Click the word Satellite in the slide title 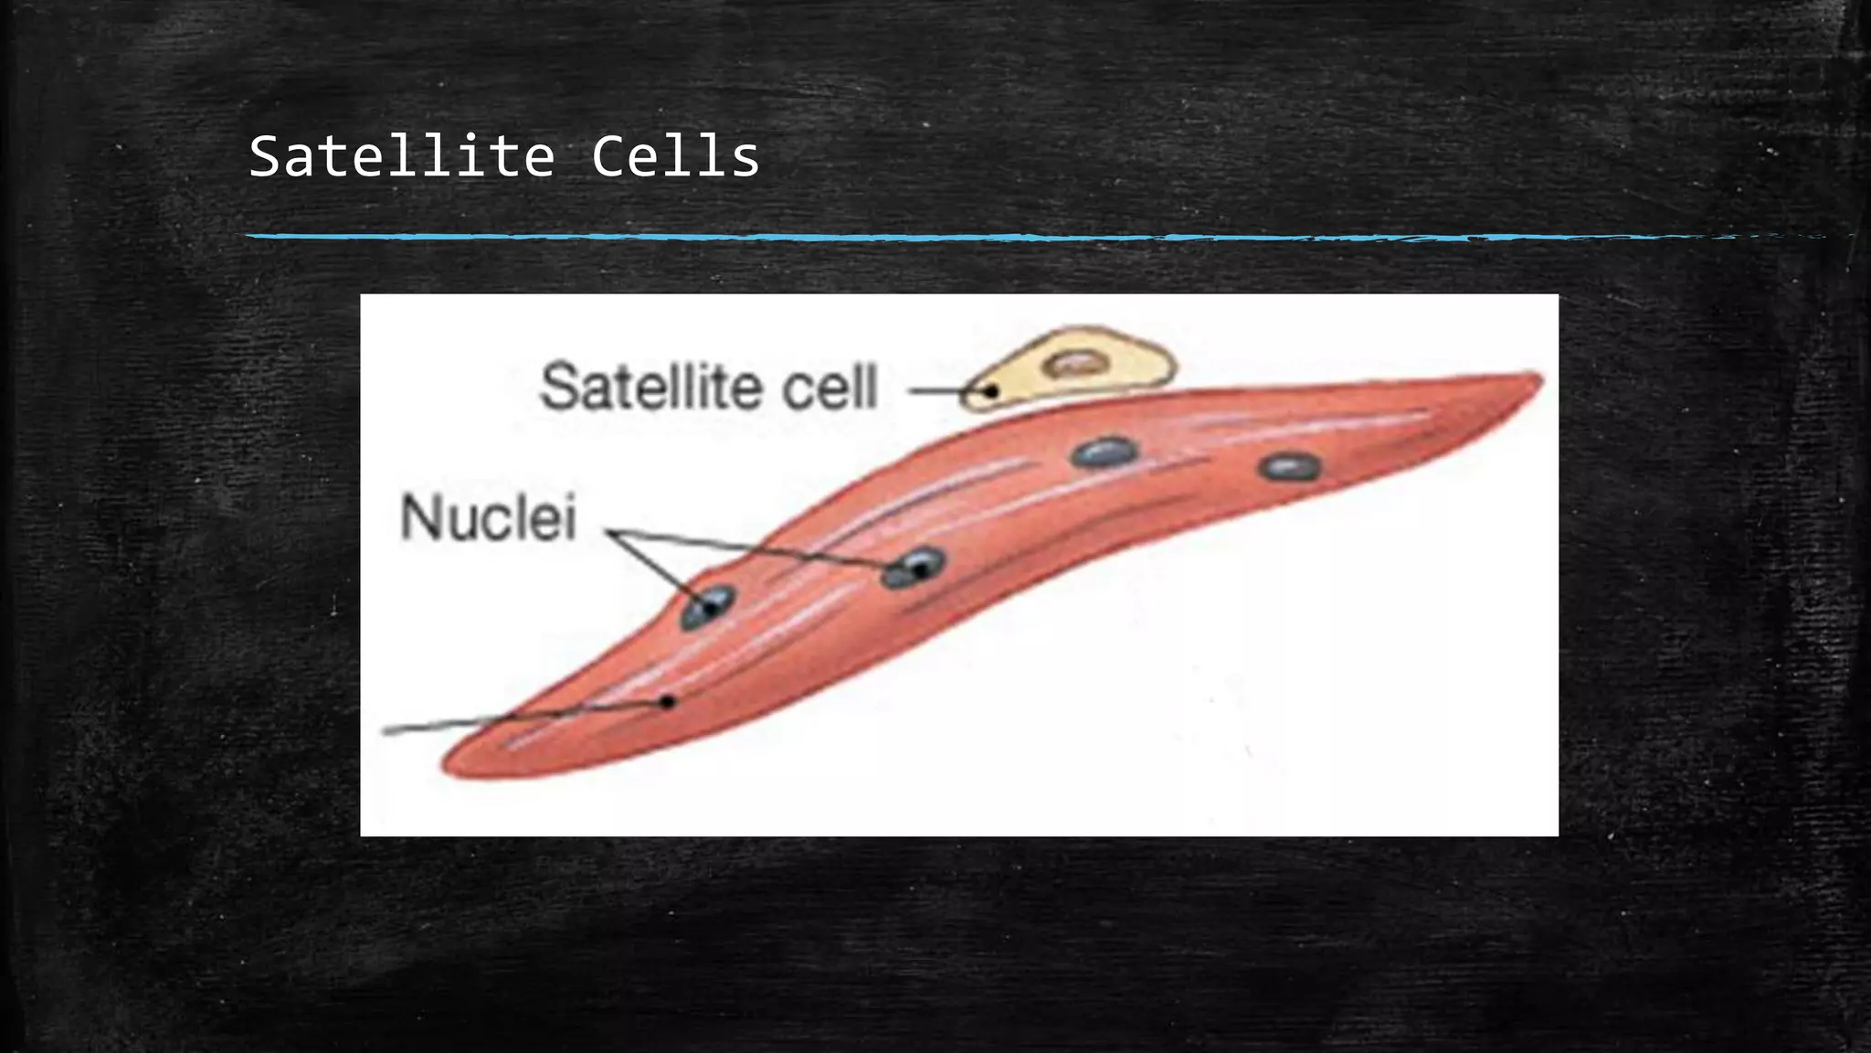tap(402, 156)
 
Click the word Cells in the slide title tap(675, 156)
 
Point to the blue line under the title tap(914, 237)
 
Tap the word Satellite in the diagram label tap(644, 387)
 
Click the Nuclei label tap(489, 518)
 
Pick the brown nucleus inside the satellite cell tap(1078, 364)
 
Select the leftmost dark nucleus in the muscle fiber tap(707, 607)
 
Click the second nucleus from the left tap(914, 568)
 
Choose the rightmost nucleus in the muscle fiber tap(1289, 467)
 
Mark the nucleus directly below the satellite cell tap(1105, 452)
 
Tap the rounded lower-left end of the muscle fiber tap(457, 766)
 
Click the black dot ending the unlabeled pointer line tap(668, 702)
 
